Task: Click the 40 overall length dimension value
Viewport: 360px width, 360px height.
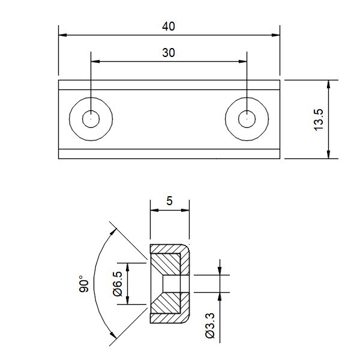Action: point(169,26)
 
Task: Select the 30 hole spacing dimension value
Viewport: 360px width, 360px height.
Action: point(169,53)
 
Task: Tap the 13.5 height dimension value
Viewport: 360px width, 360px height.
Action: point(319,119)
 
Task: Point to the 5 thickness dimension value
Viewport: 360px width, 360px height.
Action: point(169,201)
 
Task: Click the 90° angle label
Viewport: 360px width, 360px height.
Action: point(84,284)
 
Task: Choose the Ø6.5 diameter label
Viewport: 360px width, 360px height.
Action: point(118,284)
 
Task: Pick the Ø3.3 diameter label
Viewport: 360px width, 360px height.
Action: point(210,325)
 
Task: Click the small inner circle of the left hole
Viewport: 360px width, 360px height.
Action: point(91,119)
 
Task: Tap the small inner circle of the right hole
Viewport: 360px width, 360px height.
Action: point(247,119)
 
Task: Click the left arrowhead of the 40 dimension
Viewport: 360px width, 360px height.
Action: point(62,35)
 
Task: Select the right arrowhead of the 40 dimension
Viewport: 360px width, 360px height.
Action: point(276,35)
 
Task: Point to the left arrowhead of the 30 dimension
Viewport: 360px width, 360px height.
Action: point(95,61)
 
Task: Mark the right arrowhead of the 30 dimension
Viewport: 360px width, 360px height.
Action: point(242,61)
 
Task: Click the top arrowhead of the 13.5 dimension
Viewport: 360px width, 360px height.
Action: point(329,84)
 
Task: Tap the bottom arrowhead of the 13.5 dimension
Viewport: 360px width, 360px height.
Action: point(329,154)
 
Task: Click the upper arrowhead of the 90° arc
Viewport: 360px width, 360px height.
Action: point(113,232)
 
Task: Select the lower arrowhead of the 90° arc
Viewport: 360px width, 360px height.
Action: point(113,335)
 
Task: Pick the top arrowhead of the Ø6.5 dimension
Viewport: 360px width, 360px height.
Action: point(128,267)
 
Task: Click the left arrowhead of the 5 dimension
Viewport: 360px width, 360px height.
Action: point(155,210)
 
